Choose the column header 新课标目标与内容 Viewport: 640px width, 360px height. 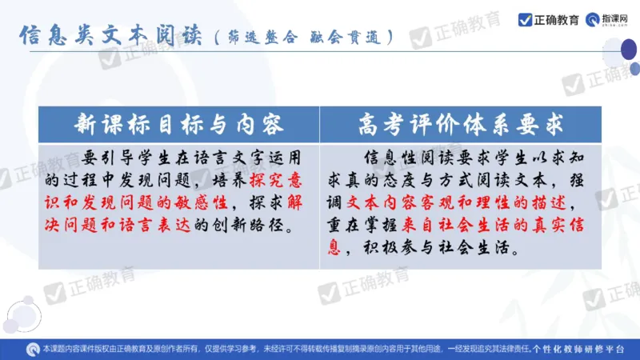click(179, 124)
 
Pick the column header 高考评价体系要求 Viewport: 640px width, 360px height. click(462, 124)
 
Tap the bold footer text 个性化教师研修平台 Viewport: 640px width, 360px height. click(584, 350)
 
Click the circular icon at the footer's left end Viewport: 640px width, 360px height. click(32, 350)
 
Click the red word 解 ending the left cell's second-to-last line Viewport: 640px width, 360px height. click(300, 199)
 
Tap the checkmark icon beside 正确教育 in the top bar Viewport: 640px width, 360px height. click(525, 19)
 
